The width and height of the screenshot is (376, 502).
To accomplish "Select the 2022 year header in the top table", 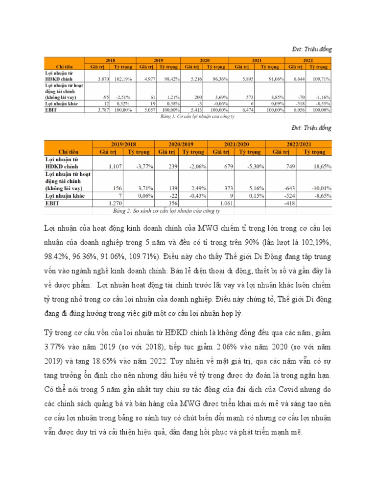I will point(308,60).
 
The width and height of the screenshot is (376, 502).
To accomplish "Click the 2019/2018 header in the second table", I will point(123,144).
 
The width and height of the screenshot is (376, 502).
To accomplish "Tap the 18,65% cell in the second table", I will point(321,167).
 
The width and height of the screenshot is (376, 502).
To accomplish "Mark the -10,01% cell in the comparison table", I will point(320,188).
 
